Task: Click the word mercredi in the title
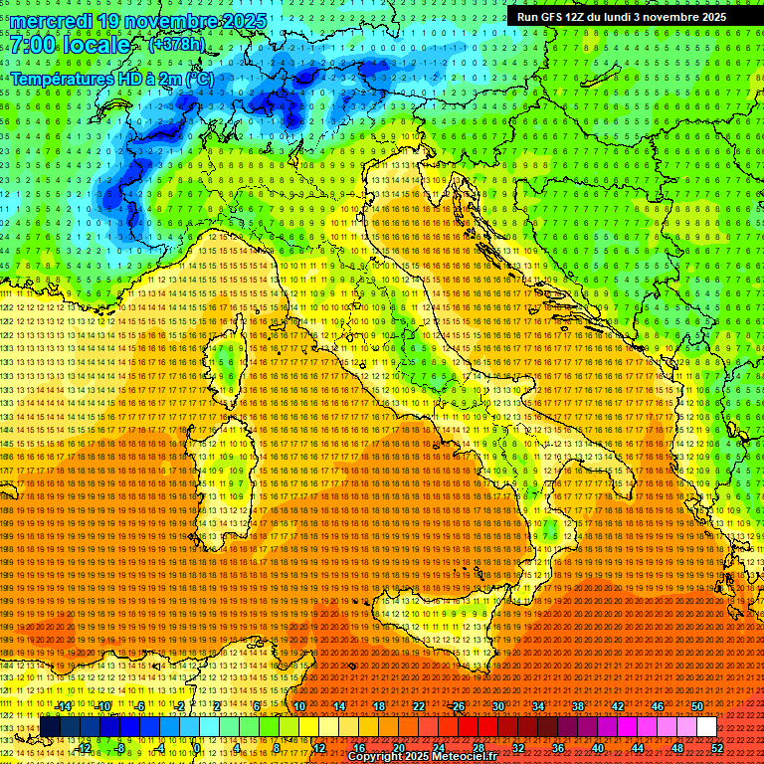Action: coord(47,21)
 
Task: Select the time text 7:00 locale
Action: coord(71,45)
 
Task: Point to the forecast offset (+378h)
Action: coord(176,45)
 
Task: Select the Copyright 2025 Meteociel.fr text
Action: coord(425,757)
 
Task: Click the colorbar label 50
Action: coord(697,706)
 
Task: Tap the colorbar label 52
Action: coord(717,747)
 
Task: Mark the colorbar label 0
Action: coord(197,747)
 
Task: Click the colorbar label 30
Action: coord(497,706)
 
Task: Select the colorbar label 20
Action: coord(398,747)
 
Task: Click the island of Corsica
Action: coord(227,360)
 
